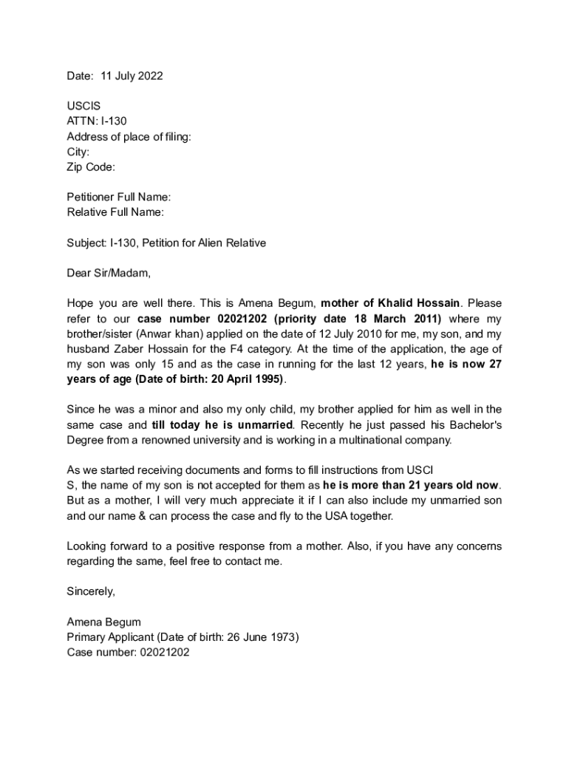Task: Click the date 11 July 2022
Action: [131, 76]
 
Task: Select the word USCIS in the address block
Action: [84, 106]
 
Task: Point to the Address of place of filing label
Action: [129, 137]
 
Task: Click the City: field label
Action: [78, 152]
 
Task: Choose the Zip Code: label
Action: [91, 167]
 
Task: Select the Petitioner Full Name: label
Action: [119, 197]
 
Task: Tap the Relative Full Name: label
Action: [115, 212]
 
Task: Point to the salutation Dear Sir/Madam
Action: [109, 273]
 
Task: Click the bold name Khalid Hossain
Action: [420, 303]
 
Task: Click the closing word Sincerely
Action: [91, 591]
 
